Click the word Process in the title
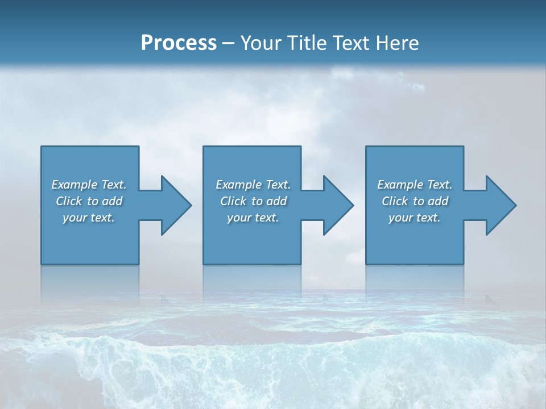pos(179,43)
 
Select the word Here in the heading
pos(396,43)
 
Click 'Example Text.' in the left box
pos(89,185)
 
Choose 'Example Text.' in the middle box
pos(253,185)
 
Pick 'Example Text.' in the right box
pos(415,185)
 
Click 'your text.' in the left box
pos(89,218)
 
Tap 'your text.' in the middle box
pos(253,218)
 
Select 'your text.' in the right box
pos(415,218)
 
